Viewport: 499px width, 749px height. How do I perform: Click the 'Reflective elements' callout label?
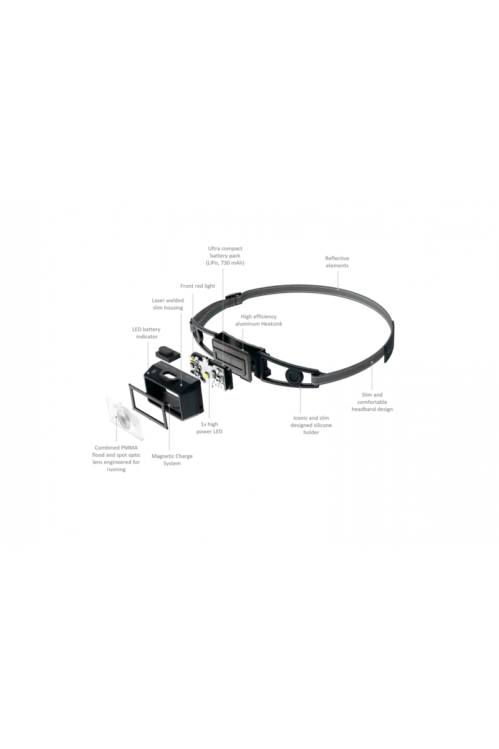[x=337, y=262]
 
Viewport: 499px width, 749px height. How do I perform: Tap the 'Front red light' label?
[x=198, y=286]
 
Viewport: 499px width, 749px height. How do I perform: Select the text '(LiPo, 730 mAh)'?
[x=225, y=263]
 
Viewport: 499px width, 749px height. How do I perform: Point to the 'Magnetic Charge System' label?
[x=172, y=460]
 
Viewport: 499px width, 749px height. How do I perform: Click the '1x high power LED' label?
[x=209, y=428]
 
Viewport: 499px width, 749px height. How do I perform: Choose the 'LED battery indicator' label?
[x=147, y=333]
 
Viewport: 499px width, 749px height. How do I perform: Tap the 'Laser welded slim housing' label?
[x=168, y=304]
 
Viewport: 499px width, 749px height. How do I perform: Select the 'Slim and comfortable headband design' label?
[x=372, y=402]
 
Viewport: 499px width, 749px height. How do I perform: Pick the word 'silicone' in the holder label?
[x=321, y=425]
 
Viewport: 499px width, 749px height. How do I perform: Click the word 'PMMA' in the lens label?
[x=129, y=448]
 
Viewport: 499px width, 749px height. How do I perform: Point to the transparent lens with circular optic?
[x=124, y=418]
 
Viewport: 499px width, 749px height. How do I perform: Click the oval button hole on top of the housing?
[x=170, y=376]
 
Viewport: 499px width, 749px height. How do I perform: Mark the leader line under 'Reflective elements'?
[x=338, y=279]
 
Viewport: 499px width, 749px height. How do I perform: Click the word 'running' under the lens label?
[x=116, y=469]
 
